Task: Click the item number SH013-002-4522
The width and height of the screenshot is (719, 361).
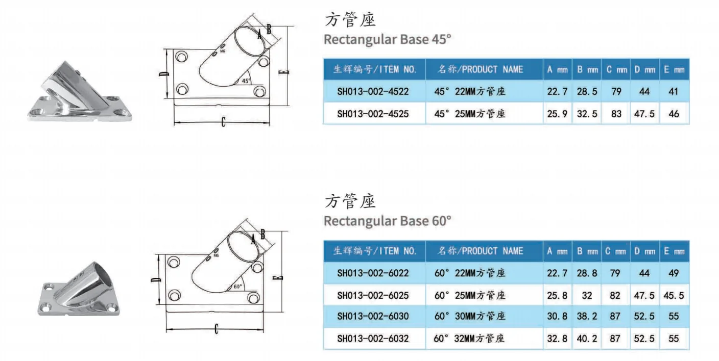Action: [373, 92]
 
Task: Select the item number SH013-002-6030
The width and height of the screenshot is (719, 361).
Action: [373, 316]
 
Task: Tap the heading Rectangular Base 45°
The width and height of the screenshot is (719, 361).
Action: [388, 39]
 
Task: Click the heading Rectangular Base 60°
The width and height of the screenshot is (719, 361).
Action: [388, 221]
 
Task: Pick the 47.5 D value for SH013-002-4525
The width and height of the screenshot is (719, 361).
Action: [644, 114]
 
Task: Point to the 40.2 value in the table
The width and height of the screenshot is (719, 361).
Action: [587, 338]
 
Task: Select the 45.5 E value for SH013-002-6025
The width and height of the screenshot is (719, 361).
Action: [674, 295]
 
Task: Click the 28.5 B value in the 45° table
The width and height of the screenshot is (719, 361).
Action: [587, 92]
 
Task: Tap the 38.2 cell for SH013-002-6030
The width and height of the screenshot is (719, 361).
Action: [587, 316]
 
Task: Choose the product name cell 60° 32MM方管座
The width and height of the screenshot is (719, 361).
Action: [470, 338]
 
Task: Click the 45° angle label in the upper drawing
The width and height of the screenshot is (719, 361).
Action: [246, 81]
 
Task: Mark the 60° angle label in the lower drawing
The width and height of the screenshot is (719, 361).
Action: [237, 287]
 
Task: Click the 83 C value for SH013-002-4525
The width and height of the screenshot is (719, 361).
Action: [616, 114]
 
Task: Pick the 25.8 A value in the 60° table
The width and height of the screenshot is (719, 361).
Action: [557, 295]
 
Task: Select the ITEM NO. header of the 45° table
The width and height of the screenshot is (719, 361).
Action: [375, 69]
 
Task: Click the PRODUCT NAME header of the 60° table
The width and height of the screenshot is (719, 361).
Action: [481, 251]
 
